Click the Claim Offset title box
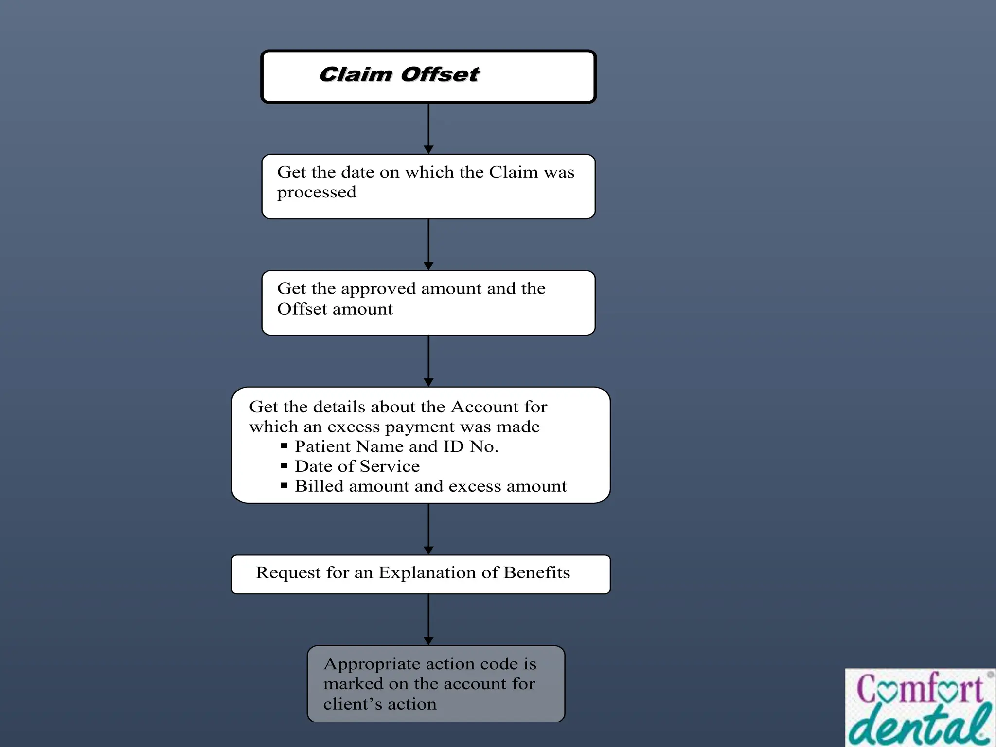[428, 77]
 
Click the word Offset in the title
[440, 75]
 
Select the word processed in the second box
[317, 193]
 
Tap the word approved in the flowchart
[378, 289]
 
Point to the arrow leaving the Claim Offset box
[428, 128]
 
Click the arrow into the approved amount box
[428, 245]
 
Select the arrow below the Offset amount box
[428, 361]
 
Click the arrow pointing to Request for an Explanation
[428, 529]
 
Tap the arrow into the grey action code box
[428, 620]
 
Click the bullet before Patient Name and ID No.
[285, 445]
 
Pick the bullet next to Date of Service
[285, 465]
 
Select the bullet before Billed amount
[285, 485]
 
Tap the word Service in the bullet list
[390, 466]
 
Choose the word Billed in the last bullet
[319, 486]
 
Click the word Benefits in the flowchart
[536, 573]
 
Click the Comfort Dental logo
[920, 708]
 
